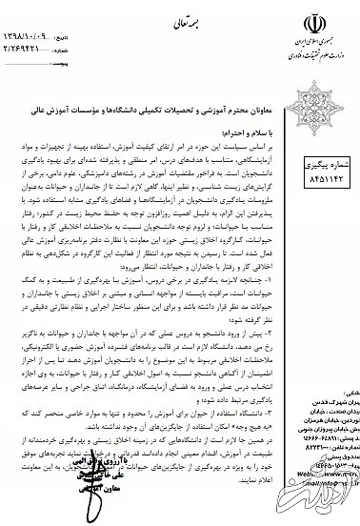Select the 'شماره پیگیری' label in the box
point(325,164)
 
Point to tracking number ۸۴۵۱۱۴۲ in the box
point(324,178)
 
